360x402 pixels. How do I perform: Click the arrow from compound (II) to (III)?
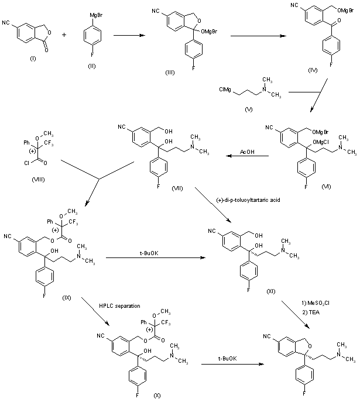(128, 35)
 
